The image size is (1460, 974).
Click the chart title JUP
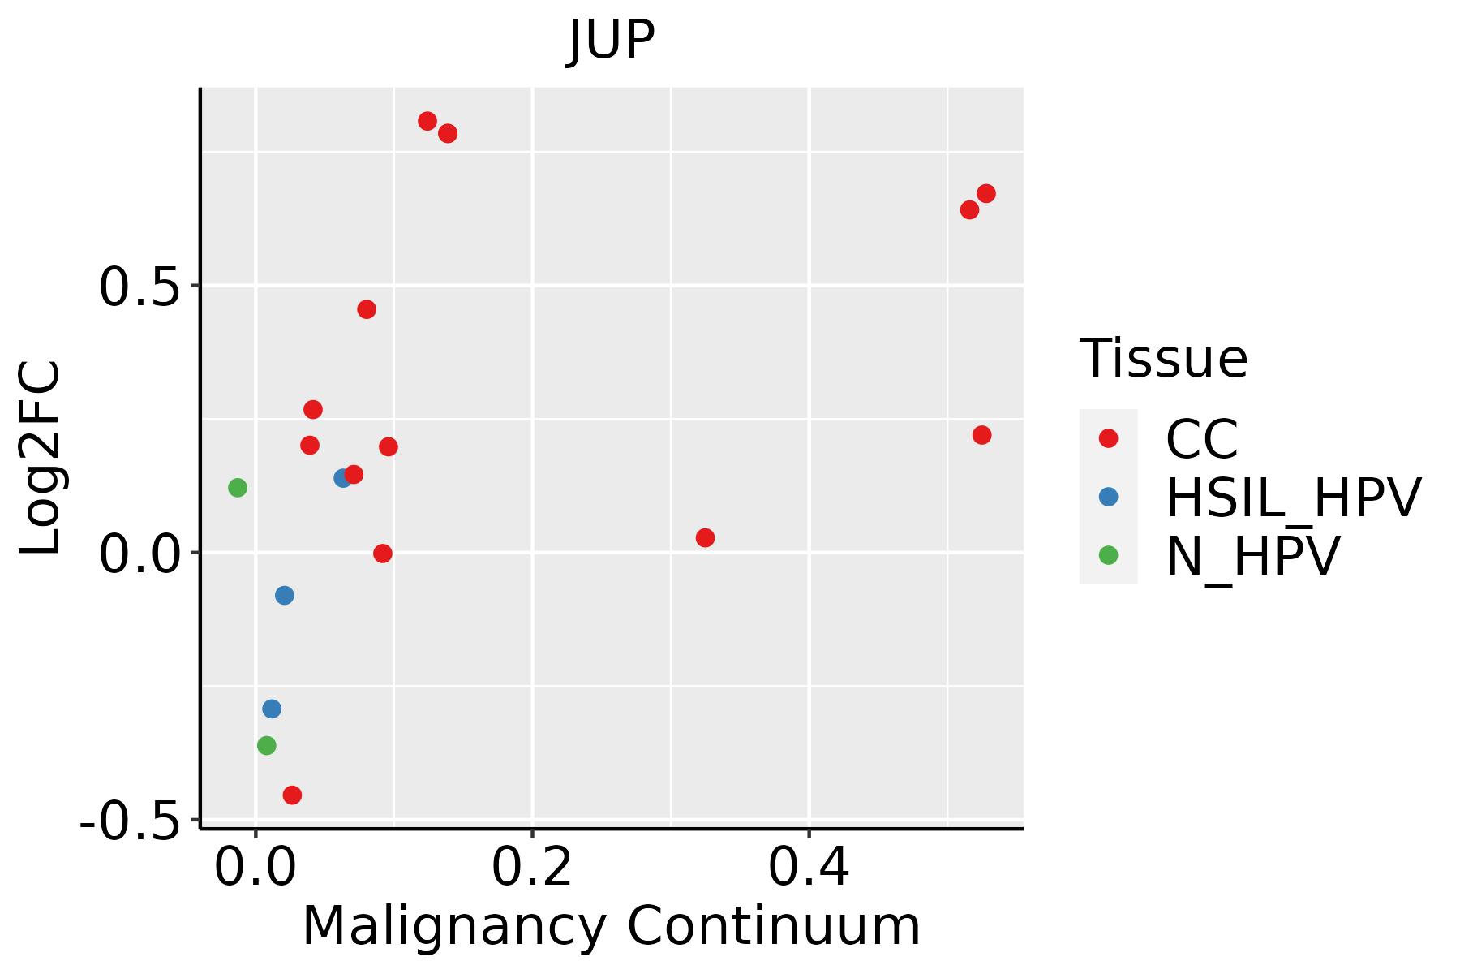(611, 40)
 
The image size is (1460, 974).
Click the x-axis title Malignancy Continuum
(611, 927)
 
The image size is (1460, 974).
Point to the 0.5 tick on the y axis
(138, 287)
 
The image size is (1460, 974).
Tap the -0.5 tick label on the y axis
(130, 823)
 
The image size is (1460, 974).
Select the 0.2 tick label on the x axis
(532, 868)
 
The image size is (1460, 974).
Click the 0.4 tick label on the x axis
(809, 868)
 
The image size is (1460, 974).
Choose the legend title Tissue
(1163, 359)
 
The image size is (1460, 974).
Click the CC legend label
(1201, 439)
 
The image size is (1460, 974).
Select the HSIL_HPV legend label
(1293, 498)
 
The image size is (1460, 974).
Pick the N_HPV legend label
(1252, 556)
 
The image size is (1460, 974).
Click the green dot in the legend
(1108, 555)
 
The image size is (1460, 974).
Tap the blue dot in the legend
(1108, 497)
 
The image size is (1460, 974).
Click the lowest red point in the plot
(292, 795)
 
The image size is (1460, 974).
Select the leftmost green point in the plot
(237, 488)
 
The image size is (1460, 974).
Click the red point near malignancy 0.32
(705, 537)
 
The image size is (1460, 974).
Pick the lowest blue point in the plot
(272, 709)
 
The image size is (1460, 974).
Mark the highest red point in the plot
(427, 121)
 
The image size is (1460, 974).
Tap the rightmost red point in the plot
(986, 193)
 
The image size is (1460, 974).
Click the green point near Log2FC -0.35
(266, 745)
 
